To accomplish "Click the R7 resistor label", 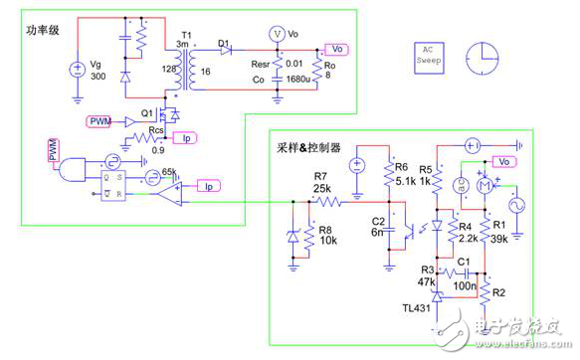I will coord(323,176).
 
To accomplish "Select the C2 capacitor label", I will coord(377,220).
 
